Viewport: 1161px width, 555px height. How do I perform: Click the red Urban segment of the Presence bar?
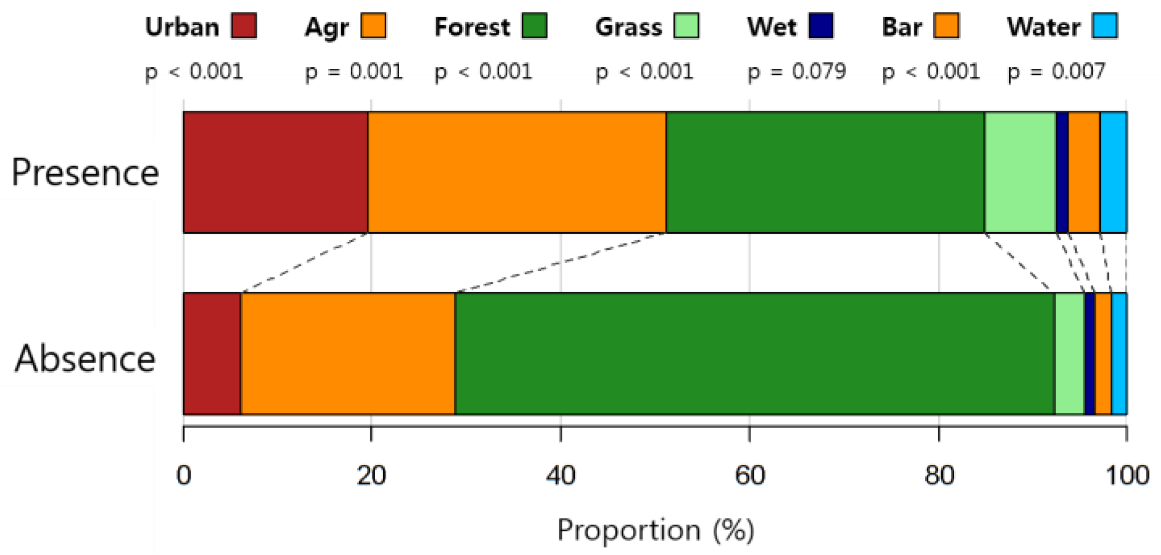pyautogui.click(x=276, y=172)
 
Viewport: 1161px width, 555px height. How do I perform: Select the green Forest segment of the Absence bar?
pyautogui.click(x=754, y=354)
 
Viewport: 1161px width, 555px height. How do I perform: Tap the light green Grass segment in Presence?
pyautogui.click(x=1020, y=172)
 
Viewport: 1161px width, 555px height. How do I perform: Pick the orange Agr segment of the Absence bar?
pyautogui.click(x=348, y=354)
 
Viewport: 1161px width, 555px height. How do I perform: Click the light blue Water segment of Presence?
pyautogui.click(x=1113, y=172)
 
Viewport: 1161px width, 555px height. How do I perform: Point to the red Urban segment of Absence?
pyautogui.click(x=212, y=354)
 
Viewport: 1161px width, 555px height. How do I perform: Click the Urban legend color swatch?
pyautogui.click(x=244, y=26)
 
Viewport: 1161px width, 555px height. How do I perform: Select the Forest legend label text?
pyautogui.click(x=472, y=27)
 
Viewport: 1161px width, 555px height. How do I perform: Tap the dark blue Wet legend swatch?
pyautogui.click(x=820, y=26)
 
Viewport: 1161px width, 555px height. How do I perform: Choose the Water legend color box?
pyautogui.click(x=1105, y=26)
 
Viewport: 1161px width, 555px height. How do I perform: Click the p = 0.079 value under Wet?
pyautogui.click(x=797, y=71)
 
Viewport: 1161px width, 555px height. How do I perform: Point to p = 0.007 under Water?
pyautogui.click(x=1056, y=71)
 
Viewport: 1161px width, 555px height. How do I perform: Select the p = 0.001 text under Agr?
pyautogui.click(x=354, y=71)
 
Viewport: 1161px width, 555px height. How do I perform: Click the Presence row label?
pyautogui.click(x=85, y=172)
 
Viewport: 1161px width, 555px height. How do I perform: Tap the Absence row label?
pyautogui.click(x=85, y=358)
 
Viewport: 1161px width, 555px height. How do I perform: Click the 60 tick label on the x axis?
pyautogui.click(x=749, y=475)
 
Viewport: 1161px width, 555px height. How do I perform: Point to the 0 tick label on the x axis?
pyautogui.click(x=184, y=475)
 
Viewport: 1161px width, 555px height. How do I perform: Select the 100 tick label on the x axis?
pyautogui.click(x=1127, y=475)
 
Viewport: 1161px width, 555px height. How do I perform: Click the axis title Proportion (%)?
pyautogui.click(x=655, y=530)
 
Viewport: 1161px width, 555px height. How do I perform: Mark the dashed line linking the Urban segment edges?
pyautogui.click(x=304, y=263)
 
